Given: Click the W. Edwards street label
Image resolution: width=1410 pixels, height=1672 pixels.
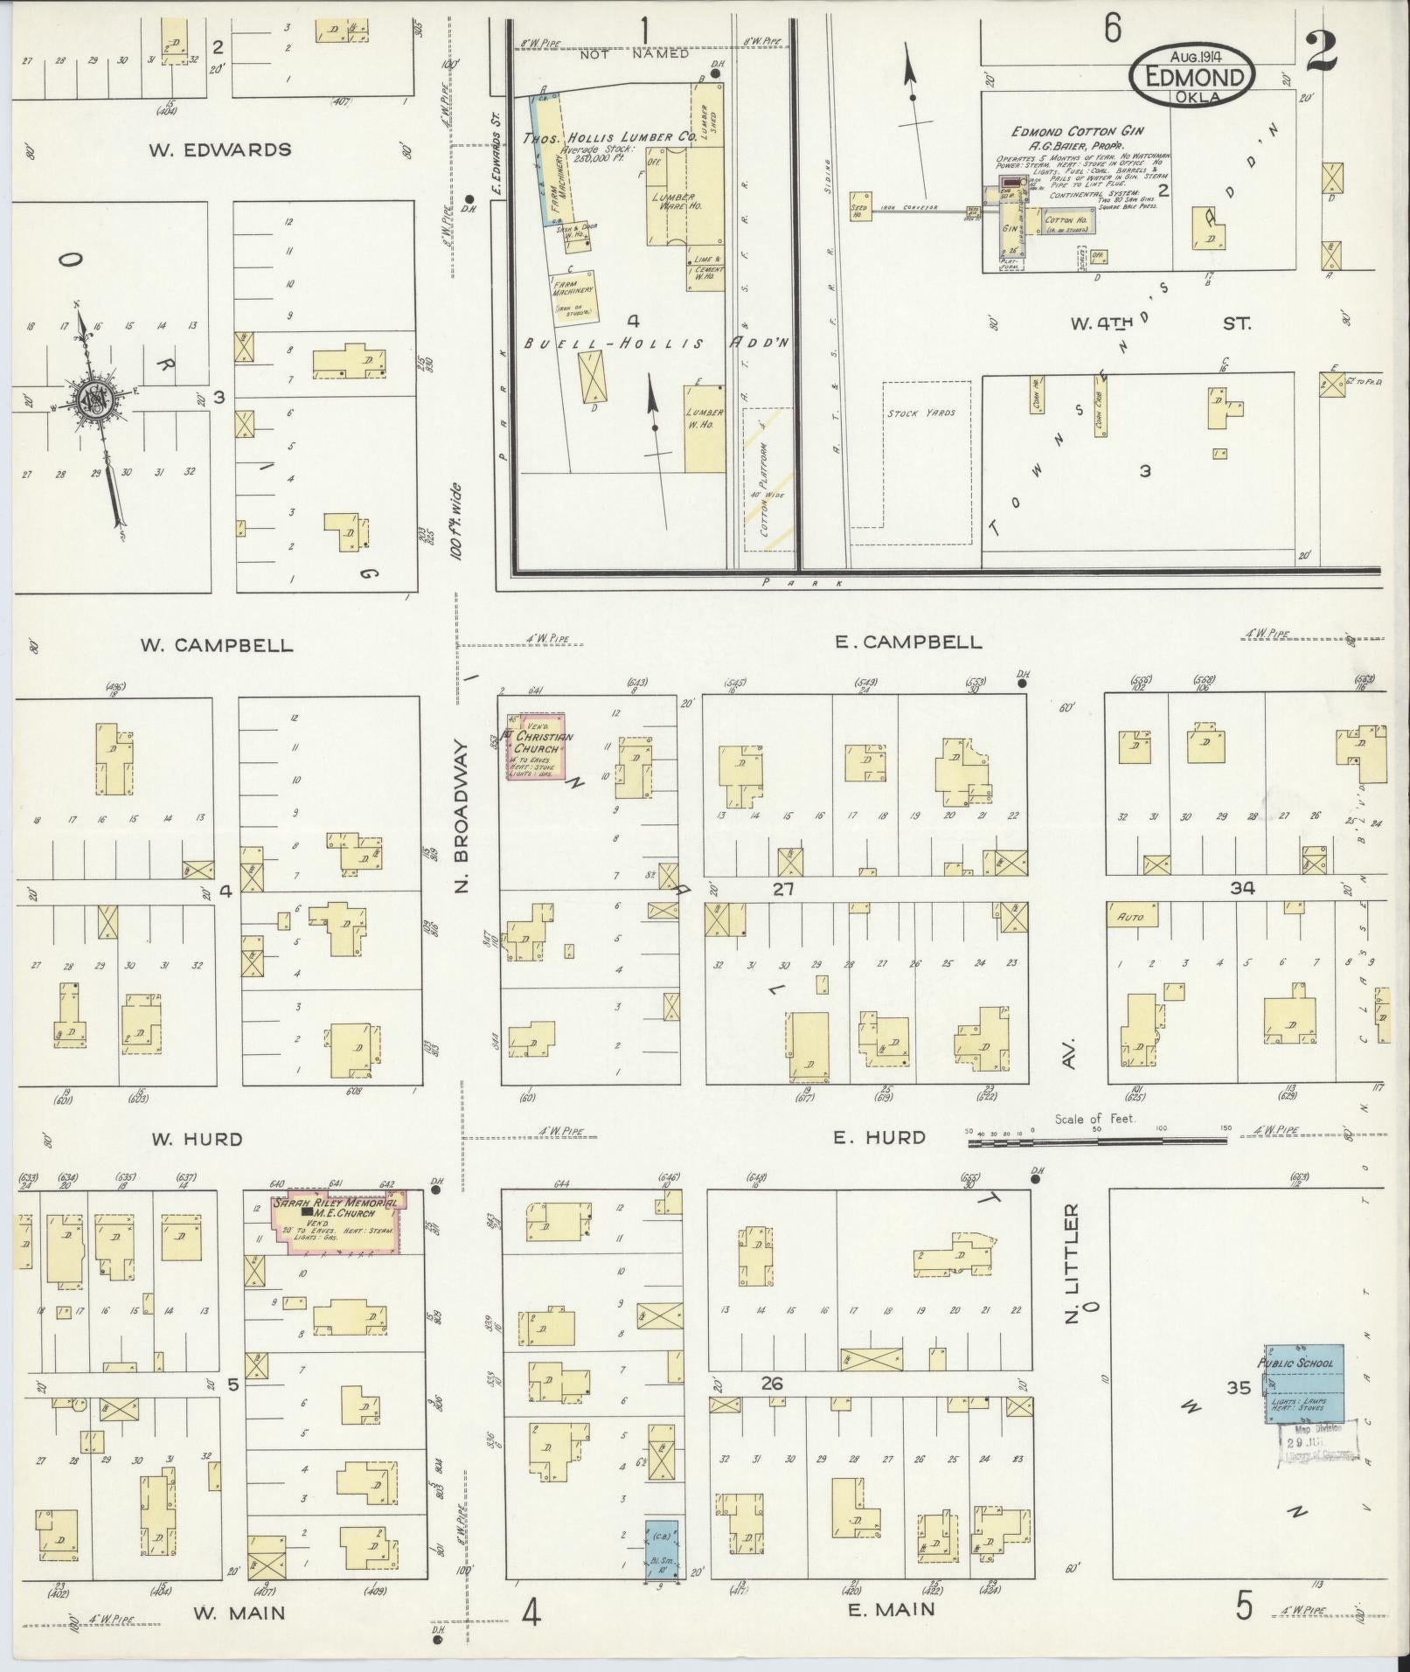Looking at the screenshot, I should click(x=219, y=149).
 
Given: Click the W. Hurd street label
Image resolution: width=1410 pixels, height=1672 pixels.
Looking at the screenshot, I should click(x=197, y=1139).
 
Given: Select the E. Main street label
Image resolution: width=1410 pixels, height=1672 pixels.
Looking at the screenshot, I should click(x=891, y=1609).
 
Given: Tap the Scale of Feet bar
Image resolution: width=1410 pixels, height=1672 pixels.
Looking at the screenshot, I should click(x=1097, y=1140).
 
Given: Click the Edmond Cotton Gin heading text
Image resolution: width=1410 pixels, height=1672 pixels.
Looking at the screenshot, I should click(x=1073, y=132).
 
